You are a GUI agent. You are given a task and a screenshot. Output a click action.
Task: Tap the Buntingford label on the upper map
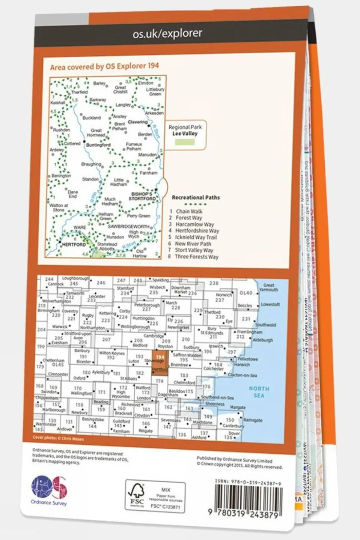pyautogui.click(x=98, y=145)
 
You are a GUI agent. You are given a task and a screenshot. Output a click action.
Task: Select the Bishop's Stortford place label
pyautogui.click(x=142, y=196)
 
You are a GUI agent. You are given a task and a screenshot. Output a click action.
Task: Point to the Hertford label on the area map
pyautogui.click(x=74, y=244)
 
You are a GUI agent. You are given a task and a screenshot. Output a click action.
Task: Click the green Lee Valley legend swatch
pyautogui.click(x=185, y=142)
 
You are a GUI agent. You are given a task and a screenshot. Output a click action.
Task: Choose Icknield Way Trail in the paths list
pyautogui.click(x=196, y=237)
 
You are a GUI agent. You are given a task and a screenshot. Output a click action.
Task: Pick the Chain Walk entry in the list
pyautogui.click(x=189, y=211)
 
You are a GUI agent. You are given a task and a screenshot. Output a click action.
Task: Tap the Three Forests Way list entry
pyautogui.click(x=196, y=257)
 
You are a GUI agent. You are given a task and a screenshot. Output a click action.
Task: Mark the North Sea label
pyautogui.click(x=259, y=392)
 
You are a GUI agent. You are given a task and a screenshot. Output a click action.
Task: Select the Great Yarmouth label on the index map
pyautogui.click(x=268, y=287)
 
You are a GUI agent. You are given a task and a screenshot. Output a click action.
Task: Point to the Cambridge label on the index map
pyautogui.click(x=154, y=336)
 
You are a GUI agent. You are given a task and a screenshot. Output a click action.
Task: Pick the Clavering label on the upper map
pyautogui.click(x=137, y=122)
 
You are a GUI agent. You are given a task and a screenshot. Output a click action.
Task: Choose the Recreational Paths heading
pyautogui.click(x=196, y=197)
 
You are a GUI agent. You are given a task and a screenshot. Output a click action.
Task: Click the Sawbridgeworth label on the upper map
pyautogui.click(x=128, y=227)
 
